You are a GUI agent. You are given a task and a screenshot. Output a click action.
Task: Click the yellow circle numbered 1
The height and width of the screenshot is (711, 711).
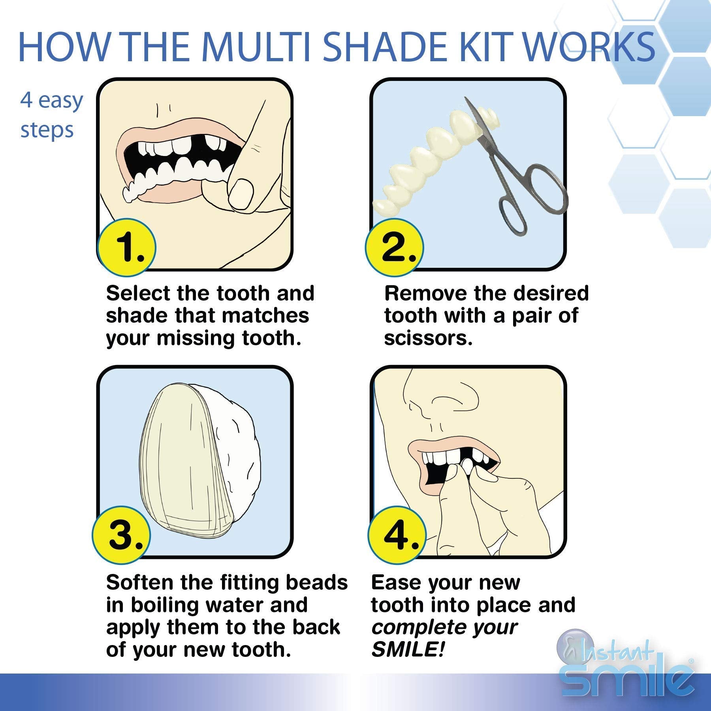point(126,247)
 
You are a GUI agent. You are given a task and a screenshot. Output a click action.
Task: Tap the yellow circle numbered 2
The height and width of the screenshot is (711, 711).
point(395,247)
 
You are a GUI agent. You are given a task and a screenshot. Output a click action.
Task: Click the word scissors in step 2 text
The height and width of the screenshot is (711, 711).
point(428,338)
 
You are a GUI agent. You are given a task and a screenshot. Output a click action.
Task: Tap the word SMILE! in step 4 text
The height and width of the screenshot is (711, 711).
point(408,649)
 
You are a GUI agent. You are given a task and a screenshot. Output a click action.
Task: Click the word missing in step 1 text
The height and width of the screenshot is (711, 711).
point(196,339)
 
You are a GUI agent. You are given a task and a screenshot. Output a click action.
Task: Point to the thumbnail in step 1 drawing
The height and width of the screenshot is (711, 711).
point(241,194)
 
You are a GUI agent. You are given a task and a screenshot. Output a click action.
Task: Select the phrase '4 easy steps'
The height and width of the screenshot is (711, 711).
point(51,115)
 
